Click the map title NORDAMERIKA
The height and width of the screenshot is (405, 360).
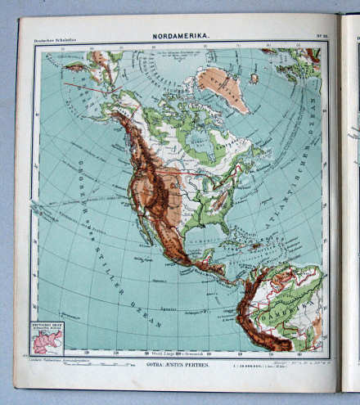click(x=180, y=36)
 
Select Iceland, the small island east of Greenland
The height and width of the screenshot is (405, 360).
click(x=254, y=79)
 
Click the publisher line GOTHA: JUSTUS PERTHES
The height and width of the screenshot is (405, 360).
click(x=178, y=362)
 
